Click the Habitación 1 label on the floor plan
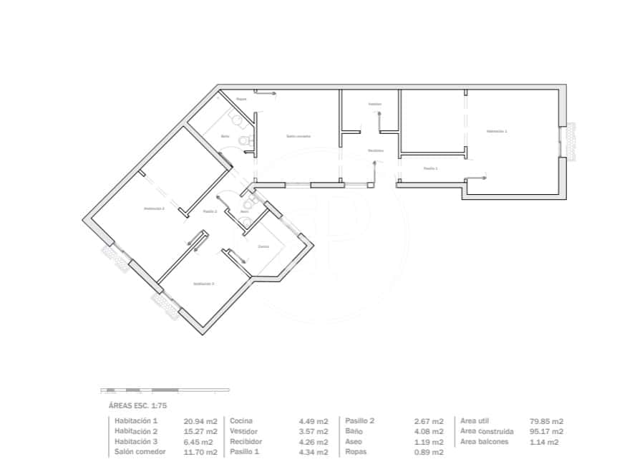point(496,131)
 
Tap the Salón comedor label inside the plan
point(298,136)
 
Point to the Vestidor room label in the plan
point(375,104)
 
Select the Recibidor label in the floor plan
point(376,150)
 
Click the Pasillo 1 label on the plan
point(430,168)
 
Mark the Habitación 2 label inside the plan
point(154,208)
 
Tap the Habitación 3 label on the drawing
point(203,284)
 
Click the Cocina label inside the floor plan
point(263,246)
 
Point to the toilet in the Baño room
point(246,140)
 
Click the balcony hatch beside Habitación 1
point(572,140)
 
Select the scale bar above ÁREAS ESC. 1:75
point(165,390)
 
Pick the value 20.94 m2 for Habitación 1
point(201,421)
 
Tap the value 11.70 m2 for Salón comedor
point(201,452)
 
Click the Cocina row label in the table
point(241,421)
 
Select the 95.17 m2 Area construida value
point(547,432)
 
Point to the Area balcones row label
point(485,442)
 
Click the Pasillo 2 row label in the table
point(360,421)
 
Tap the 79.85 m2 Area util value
point(547,421)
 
